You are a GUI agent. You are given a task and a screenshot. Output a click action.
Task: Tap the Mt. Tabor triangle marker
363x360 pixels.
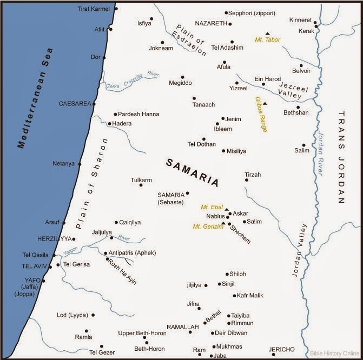(267, 33)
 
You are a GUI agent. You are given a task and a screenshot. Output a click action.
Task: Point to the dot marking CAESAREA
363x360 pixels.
(94, 103)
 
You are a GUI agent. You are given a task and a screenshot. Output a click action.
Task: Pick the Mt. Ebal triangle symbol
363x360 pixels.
(227, 209)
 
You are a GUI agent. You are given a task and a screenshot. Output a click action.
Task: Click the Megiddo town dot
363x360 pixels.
(182, 77)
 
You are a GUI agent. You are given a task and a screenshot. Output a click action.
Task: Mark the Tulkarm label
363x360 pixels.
(141, 179)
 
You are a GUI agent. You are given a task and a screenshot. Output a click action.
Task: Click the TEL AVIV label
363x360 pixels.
(35, 266)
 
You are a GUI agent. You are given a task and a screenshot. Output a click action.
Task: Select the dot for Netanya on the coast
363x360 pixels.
(80, 164)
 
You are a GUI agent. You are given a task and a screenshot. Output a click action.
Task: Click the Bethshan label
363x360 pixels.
(296, 112)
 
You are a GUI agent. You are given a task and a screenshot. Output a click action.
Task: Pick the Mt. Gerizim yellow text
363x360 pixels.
(206, 226)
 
